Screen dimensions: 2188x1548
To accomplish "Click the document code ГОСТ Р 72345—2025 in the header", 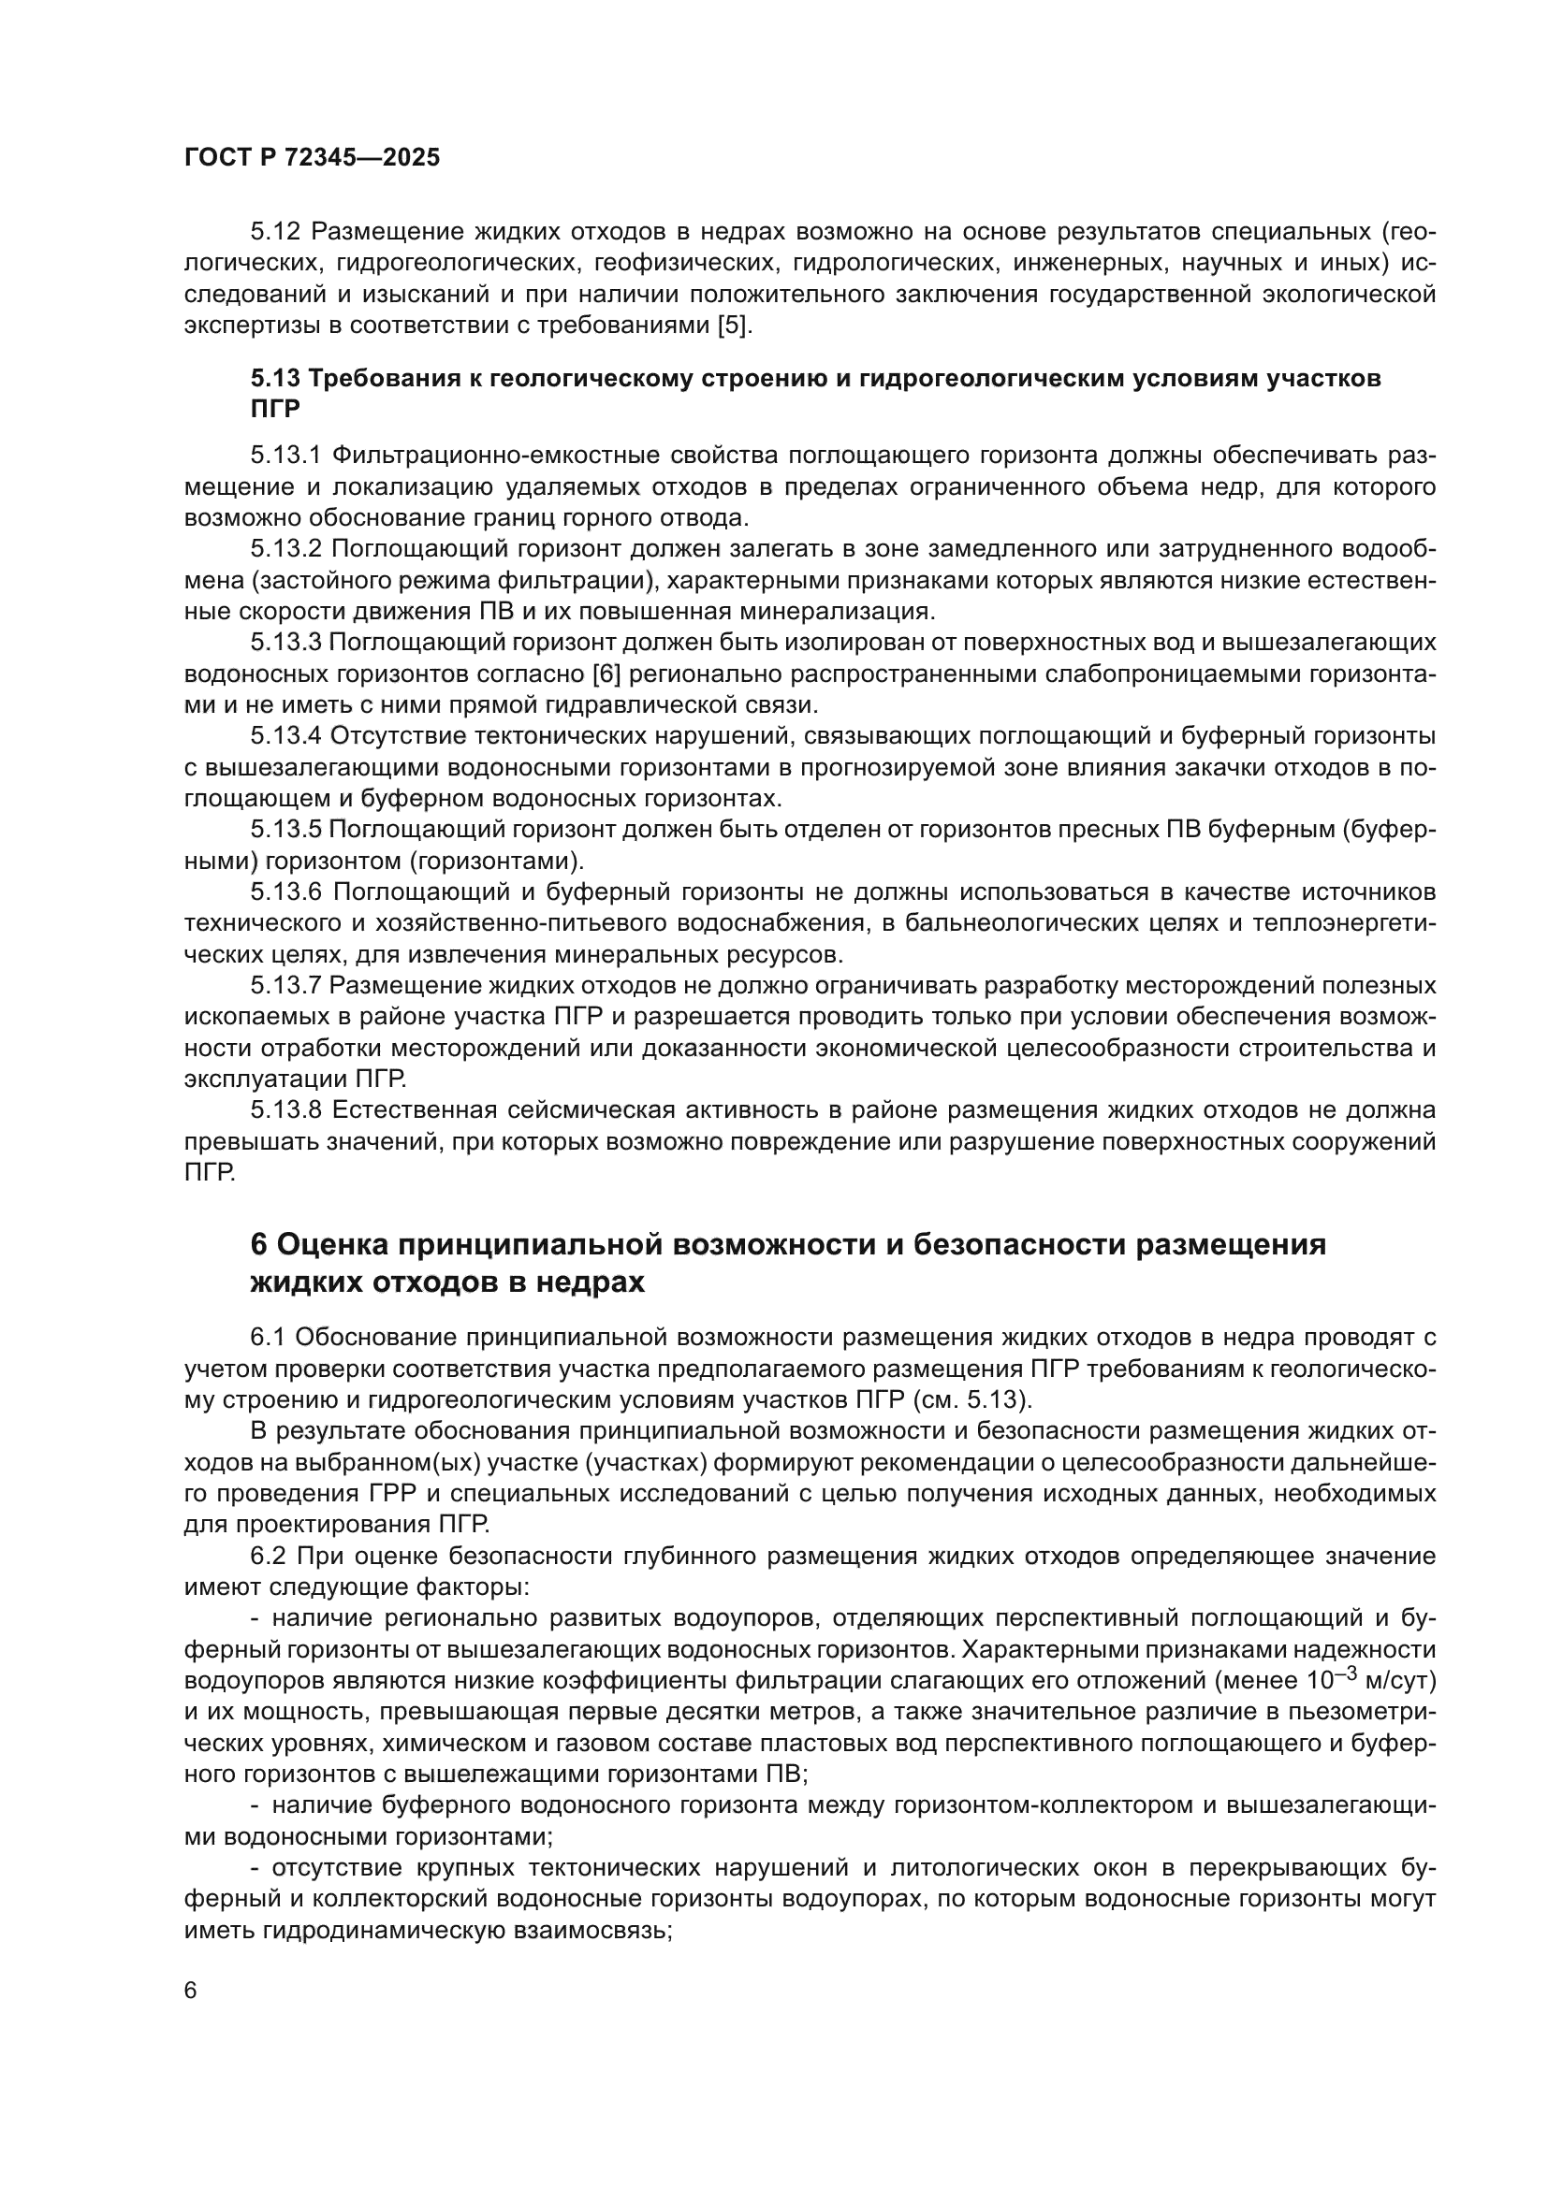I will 312,158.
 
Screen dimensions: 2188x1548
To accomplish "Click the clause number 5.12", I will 276,233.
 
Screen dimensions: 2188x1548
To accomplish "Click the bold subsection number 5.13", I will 276,378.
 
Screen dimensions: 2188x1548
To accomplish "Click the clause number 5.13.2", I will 287,550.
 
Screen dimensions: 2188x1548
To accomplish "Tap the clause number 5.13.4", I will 287,736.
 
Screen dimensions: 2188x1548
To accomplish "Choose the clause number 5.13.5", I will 287,830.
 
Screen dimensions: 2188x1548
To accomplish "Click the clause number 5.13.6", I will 287,892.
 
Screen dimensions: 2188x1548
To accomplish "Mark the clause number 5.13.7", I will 287,985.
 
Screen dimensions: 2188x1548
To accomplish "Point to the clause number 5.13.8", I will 287,1110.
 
